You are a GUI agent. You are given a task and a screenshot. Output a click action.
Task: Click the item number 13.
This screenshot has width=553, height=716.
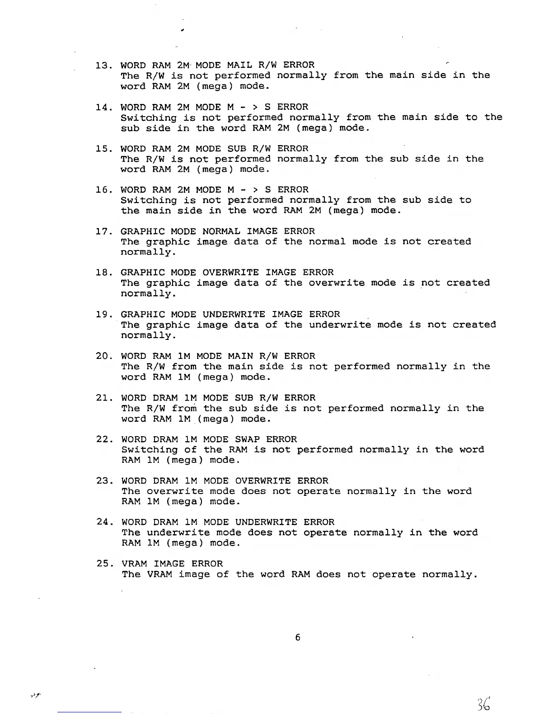point(103,65)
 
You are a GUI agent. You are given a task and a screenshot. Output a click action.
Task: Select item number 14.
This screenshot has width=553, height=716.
point(103,107)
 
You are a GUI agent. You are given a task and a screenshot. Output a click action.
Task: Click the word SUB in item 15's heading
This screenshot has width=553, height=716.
point(236,149)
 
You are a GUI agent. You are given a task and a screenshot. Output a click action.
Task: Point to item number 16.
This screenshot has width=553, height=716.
point(103,190)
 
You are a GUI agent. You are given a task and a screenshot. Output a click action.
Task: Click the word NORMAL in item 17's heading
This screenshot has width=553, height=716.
point(221,231)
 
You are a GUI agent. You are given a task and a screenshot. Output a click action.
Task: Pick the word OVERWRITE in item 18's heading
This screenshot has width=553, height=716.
point(230,273)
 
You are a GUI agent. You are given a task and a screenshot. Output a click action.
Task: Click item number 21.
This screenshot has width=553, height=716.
point(104,398)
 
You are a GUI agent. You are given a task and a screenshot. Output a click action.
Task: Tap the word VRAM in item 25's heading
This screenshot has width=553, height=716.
point(134,564)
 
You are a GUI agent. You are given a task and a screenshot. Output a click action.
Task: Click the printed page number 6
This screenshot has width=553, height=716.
point(297,637)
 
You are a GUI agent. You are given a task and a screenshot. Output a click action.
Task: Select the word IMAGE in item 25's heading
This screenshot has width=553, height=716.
point(169,564)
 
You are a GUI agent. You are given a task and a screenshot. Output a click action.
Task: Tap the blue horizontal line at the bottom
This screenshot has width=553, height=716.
point(89,712)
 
